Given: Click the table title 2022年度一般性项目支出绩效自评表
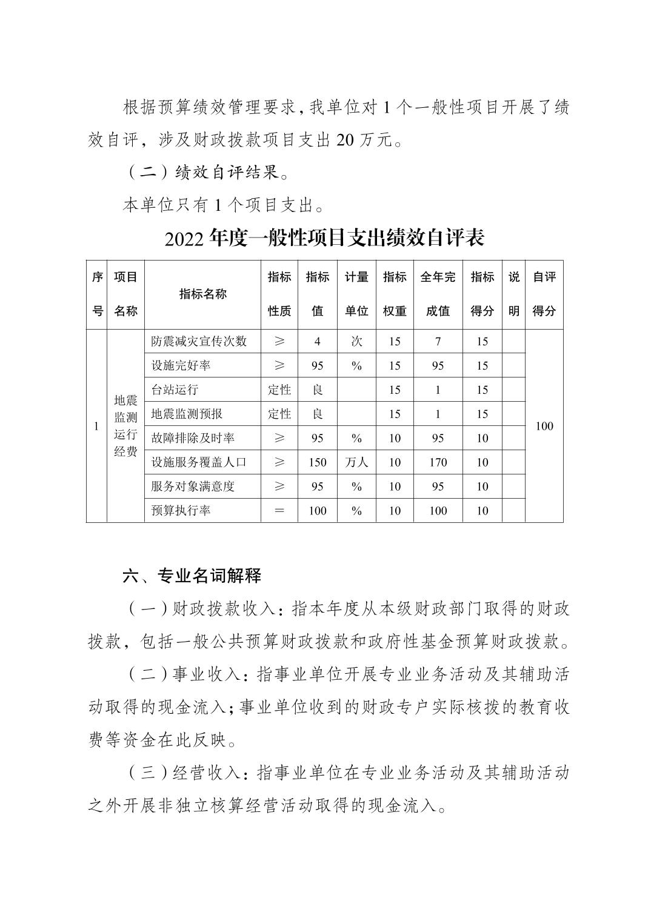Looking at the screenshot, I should (324, 238).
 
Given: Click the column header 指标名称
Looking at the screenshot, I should (202, 294).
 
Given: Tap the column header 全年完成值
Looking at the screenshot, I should (438, 294).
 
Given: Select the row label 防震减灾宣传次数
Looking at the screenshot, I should (199, 341).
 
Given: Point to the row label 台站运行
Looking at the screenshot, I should (175, 390).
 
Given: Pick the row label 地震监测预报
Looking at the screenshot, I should (187, 414).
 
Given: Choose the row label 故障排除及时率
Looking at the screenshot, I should (193, 438).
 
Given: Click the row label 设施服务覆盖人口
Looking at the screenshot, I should (199, 462).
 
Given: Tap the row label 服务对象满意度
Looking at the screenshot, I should (193, 487).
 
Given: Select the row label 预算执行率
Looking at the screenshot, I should (181, 511).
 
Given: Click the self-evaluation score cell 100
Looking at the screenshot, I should (544, 426).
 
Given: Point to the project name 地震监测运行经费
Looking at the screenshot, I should (125, 426).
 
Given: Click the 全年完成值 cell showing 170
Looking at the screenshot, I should (438, 462).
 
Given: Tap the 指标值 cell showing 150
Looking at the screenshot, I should (317, 462).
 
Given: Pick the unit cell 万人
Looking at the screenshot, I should (356, 462).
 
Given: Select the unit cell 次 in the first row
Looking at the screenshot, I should (356, 341).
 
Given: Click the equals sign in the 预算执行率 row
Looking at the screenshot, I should (279, 511).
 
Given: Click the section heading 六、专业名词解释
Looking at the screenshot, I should (192, 576).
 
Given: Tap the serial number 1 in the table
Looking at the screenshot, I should (96, 426).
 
